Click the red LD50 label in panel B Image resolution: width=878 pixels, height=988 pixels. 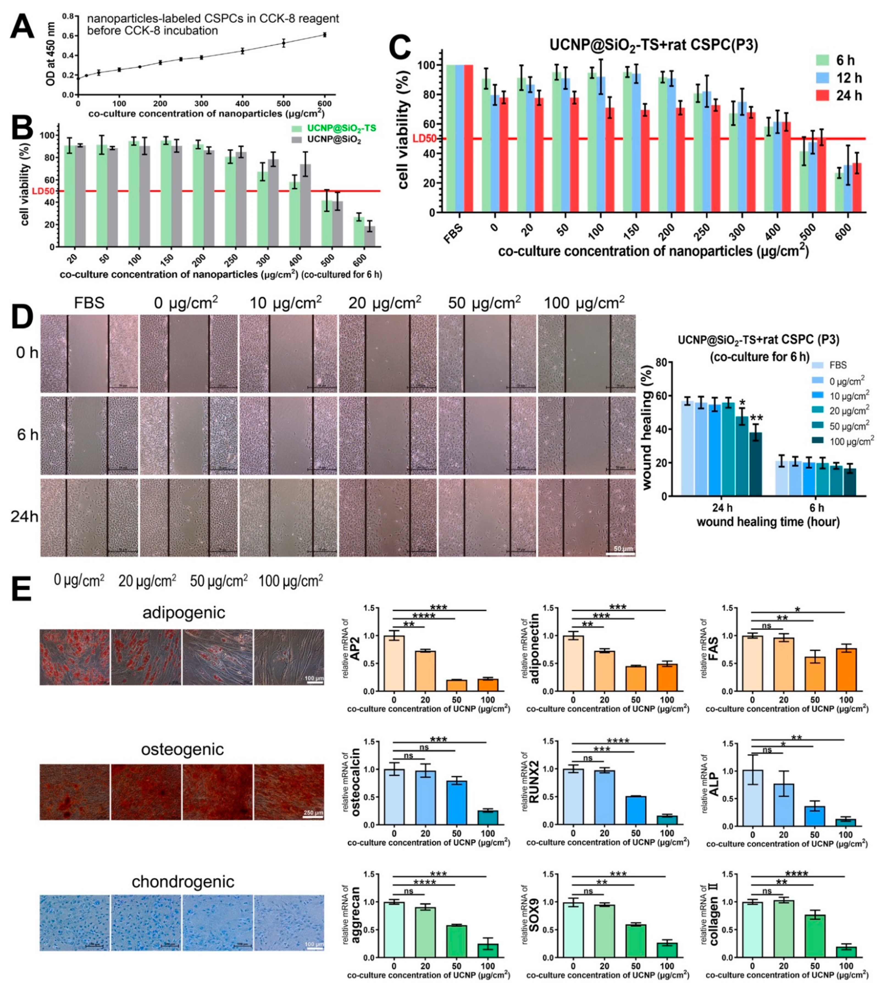[43, 191]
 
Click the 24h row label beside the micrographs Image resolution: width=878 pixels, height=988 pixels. [24, 517]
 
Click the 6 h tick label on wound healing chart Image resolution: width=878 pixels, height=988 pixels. [817, 508]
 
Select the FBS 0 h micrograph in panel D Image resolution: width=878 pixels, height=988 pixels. [89, 353]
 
